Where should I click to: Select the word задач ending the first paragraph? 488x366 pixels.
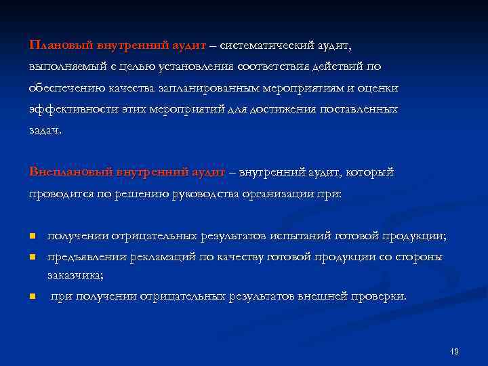[x=44, y=130]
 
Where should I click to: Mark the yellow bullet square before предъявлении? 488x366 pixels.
[x=32, y=258]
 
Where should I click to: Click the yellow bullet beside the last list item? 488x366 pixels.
[x=32, y=297]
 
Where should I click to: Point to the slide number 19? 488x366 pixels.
[x=454, y=352]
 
